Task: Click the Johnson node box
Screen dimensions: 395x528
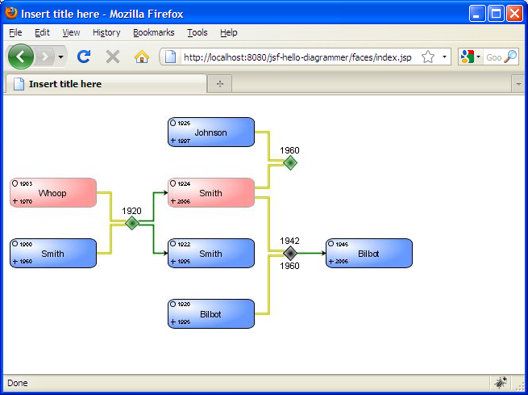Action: (x=211, y=132)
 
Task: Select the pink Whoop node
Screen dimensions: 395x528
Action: (x=53, y=193)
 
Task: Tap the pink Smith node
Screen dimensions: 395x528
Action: (x=211, y=193)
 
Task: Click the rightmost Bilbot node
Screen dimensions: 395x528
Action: (x=369, y=254)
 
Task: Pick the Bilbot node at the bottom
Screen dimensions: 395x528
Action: (x=211, y=314)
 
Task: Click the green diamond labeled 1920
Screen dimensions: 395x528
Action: (x=132, y=223)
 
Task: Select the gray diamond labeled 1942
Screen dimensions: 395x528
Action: (x=290, y=253)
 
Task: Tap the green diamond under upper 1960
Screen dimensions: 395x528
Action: (x=290, y=162)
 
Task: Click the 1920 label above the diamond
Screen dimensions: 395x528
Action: (x=131, y=211)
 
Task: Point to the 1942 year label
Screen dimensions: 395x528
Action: (x=290, y=241)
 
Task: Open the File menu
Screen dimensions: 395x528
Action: (x=15, y=32)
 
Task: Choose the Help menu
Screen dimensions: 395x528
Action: (x=229, y=32)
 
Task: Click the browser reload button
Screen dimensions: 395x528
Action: (x=84, y=57)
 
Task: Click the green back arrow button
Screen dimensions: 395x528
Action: (x=21, y=57)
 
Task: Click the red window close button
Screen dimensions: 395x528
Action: (x=514, y=13)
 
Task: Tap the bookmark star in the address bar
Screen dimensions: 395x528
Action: (x=428, y=57)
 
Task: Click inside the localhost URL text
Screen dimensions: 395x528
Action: (x=298, y=57)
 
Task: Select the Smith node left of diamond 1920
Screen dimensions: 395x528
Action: (x=53, y=254)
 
